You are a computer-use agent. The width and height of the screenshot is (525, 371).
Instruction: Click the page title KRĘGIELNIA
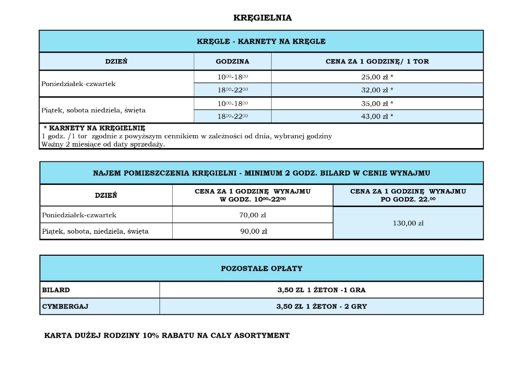tap(262, 18)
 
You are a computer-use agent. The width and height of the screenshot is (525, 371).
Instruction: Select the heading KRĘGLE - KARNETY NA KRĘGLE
tap(261, 42)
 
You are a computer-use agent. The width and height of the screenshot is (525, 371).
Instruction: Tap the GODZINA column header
tap(232, 61)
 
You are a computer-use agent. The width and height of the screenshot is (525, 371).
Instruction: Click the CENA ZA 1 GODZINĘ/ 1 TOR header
tap(377, 61)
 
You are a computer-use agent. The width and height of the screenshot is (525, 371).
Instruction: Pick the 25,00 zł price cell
tap(377, 77)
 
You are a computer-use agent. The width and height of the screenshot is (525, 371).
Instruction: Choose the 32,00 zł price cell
tap(377, 90)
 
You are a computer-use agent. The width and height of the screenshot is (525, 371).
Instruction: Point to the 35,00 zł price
tap(377, 104)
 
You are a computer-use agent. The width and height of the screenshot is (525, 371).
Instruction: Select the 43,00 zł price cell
tap(377, 116)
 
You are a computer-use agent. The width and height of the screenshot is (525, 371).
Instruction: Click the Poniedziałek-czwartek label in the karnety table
tap(78, 84)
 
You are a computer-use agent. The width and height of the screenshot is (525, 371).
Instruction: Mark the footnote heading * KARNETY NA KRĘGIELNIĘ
tap(94, 128)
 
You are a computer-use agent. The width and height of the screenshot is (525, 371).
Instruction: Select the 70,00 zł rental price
tap(253, 215)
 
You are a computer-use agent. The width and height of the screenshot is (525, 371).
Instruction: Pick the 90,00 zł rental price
tap(253, 231)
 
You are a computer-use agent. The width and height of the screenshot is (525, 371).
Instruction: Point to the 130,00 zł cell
tap(408, 223)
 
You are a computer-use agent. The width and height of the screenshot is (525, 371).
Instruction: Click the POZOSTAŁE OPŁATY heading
tap(261, 269)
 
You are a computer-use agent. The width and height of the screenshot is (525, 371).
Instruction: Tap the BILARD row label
tap(56, 290)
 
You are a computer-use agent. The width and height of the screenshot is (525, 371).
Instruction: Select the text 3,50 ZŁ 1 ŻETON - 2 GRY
tap(321, 307)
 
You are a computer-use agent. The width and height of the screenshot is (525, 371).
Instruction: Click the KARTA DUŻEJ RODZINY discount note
tap(167, 336)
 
